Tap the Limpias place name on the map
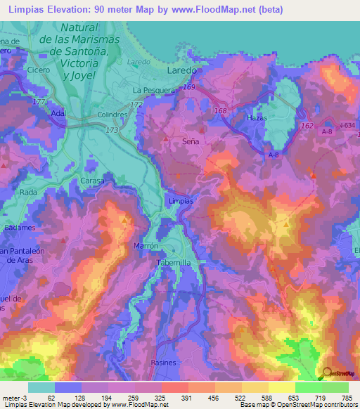click(181, 200)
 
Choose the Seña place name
click(191, 141)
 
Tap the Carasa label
click(91, 181)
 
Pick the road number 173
click(112, 131)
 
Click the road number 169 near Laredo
click(188, 86)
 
